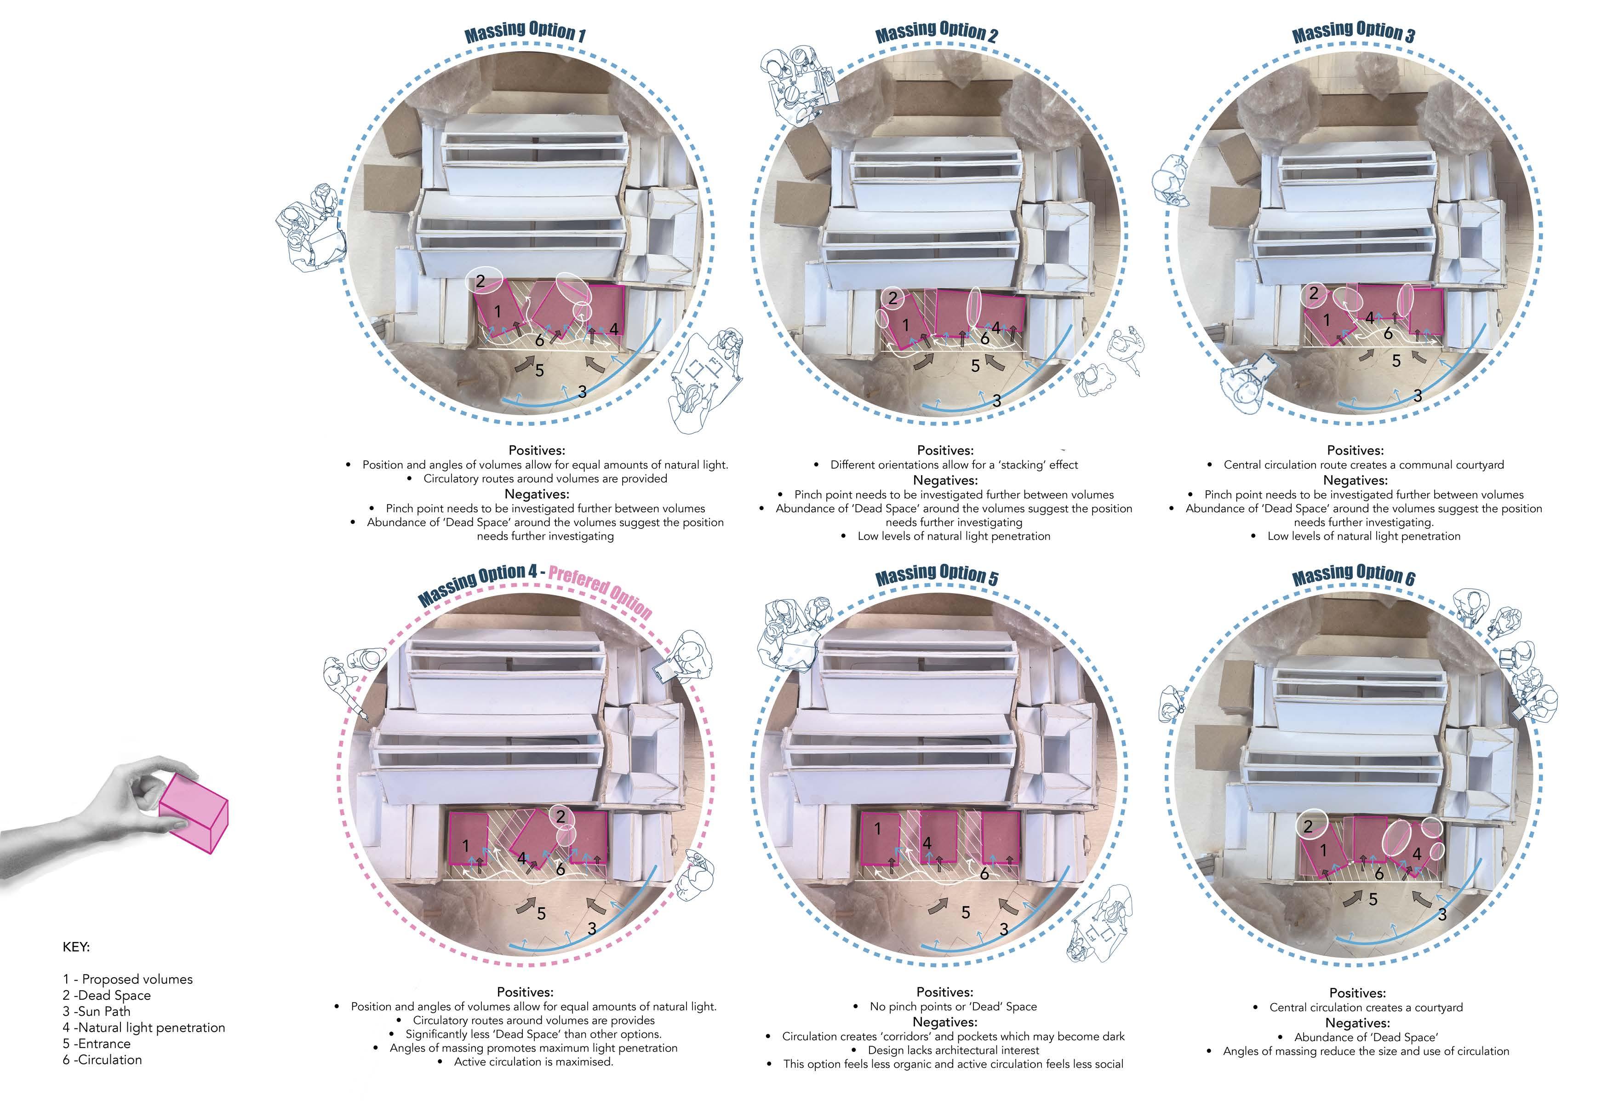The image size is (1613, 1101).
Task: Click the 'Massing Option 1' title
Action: [525, 31]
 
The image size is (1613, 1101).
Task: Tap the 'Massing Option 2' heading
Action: [936, 32]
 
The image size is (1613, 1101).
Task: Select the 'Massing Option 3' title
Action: [1353, 32]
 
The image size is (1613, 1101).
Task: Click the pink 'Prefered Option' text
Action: [601, 590]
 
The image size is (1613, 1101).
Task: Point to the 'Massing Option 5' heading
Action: [936, 575]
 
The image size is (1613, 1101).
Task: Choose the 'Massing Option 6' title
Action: [1353, 575]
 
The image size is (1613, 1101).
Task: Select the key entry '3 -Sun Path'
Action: [97, 1011]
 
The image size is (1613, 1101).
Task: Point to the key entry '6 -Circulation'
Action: [102, 1059]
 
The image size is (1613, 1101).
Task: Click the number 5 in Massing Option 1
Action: [539, 371]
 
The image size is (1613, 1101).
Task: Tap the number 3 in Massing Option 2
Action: [997, 401]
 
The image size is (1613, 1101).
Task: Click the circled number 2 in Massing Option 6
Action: [1308, 826]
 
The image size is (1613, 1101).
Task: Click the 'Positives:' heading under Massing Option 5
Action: [944, 992]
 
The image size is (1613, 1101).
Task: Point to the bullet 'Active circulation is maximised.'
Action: [533, 1061]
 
